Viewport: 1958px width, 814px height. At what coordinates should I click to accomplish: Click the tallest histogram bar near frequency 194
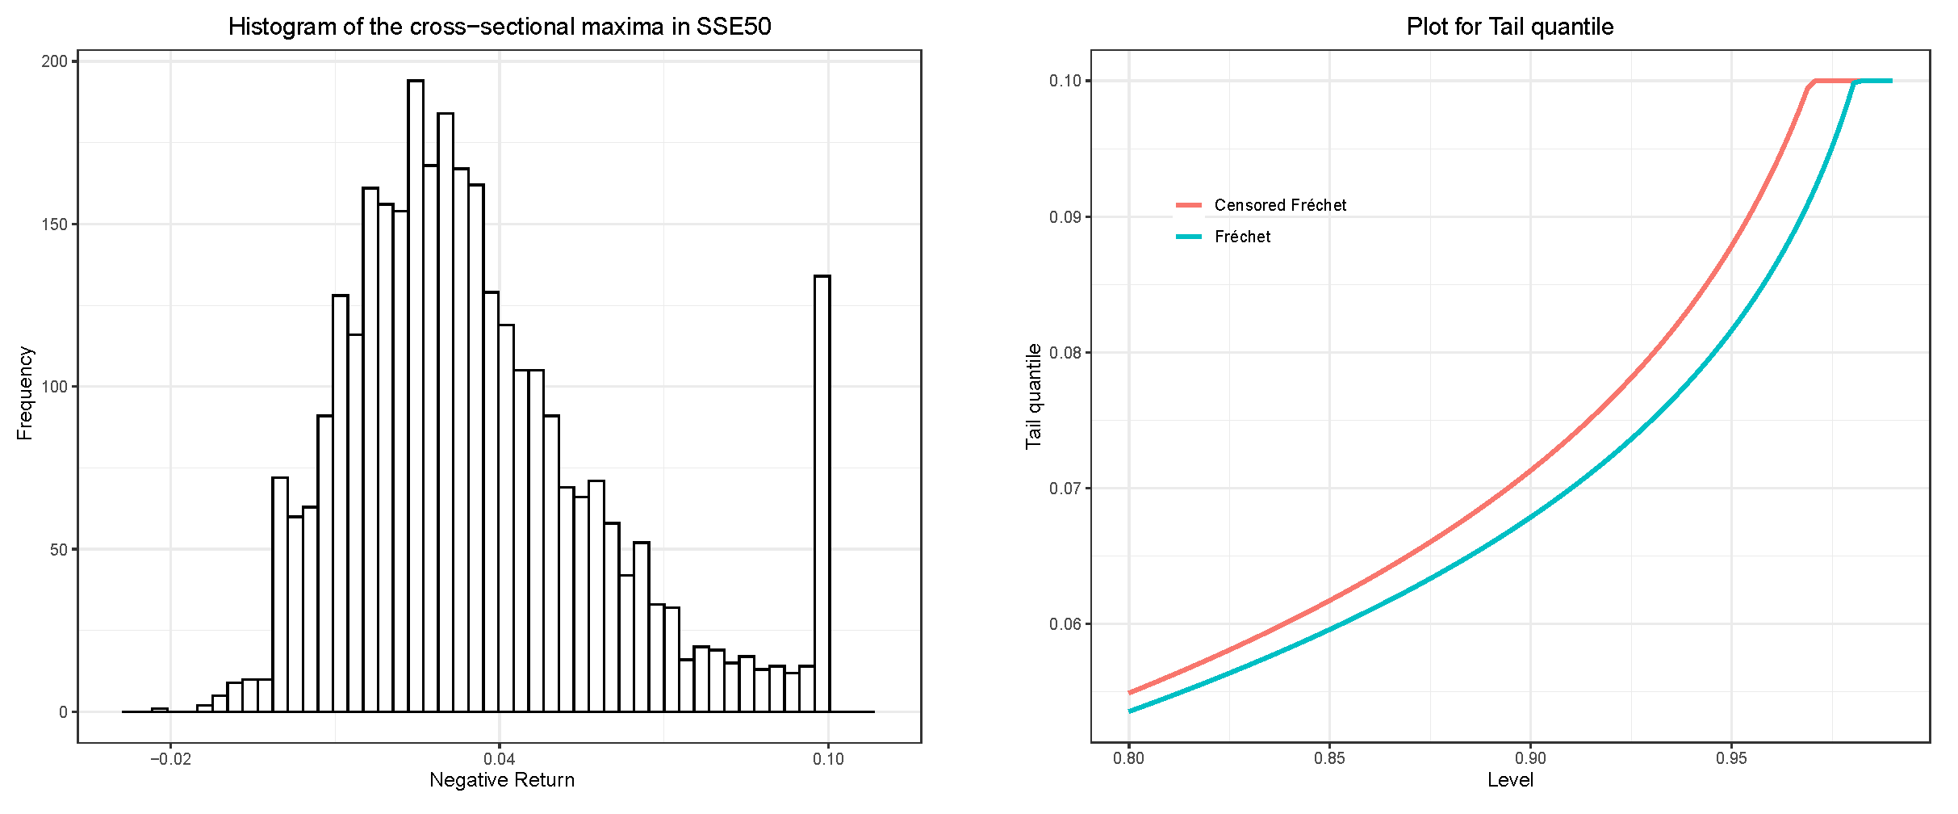point(416,396)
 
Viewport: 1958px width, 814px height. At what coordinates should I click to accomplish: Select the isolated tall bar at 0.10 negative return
point(822,493)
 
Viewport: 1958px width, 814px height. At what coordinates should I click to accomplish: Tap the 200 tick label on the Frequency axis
point(54,62)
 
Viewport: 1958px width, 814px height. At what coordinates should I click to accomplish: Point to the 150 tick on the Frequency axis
point(54,224)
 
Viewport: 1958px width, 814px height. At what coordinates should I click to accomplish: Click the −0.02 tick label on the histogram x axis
point(170,759)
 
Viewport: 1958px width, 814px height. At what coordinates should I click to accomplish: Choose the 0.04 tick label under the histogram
point(499,759)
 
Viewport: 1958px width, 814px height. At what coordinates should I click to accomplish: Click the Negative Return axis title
point(501,780)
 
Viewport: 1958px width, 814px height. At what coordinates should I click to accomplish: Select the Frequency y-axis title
point(25,393)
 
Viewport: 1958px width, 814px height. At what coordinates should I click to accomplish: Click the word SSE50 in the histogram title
point(733,27)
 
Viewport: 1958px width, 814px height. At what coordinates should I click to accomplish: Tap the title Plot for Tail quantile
point(1509,27)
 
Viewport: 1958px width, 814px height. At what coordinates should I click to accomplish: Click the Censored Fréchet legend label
point(1279,205)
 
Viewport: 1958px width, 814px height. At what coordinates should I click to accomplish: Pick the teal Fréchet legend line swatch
point(1188,237)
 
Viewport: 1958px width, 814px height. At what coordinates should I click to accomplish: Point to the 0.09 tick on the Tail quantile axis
point(1065,217)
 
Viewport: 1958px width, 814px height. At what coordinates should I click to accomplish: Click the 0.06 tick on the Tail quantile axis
point(1065,624)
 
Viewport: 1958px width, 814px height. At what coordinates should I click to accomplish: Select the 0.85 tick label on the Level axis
point(1329,759)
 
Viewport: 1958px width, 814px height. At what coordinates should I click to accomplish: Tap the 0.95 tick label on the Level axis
point(1730,759)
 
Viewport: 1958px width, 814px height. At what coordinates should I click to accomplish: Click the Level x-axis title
point(1509,780)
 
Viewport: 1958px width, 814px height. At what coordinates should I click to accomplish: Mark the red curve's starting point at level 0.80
point(1129,693)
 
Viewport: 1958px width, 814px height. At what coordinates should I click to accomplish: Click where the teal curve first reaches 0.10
point(1856,82)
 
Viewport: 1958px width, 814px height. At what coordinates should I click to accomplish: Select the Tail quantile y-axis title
point(1034,396)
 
